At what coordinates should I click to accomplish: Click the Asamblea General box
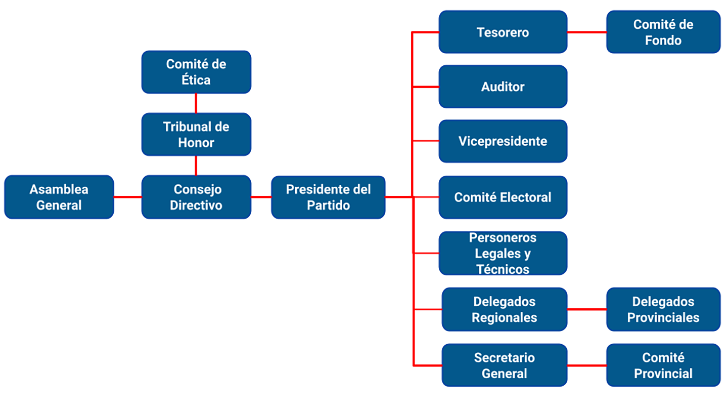pyautogui.click(x=59, y=197)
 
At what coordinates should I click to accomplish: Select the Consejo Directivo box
pyautogui.click(x=196, y=197)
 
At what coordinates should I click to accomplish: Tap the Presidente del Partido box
pyautogui.click(x=328, y=197)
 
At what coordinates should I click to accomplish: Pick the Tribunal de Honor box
pyautogui.click(x=196, y=134)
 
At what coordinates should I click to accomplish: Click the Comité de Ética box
pyautogui.click(x=196, y=72)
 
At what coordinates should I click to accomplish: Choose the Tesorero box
pyautogui.click(x=503, y=32)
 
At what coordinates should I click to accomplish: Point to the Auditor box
pyautogui.click(x=503, y=87)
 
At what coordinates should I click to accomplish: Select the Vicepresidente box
pyautogui.click(x=503, y=141)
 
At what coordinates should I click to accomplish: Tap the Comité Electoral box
pyautogui.click(x=503, y=197)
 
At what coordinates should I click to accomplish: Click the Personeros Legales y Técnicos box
pyautogui.click(x=503, y=253)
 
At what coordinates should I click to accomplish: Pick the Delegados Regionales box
pyautogui.click(x=504, y=309)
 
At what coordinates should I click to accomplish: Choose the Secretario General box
pyautogui.click(x=504, y=365)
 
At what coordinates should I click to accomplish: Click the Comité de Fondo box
pyautogui.click(x=663, y=32)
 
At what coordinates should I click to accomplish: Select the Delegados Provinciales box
pyautogui.click(x=663, y=309)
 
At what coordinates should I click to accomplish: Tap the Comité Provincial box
pyautogui.click(x=663, y=365)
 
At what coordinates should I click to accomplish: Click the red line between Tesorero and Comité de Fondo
pyautogui.click(x=586, y=32)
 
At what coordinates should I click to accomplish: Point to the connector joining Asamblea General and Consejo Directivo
pyautogui.click(x=127, y=197)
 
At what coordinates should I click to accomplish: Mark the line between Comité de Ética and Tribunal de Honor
pyautogui.click(x=196, y=103)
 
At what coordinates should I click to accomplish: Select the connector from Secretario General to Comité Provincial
pyautogui.click(x=586, y=365)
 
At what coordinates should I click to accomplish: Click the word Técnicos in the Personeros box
pyautogui.click(x=503, y=269)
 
